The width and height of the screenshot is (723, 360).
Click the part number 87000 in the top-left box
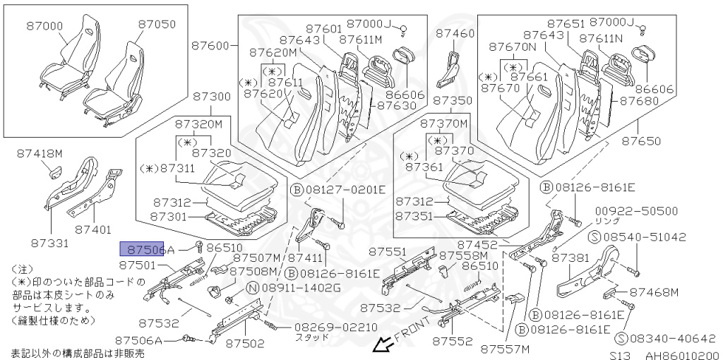point(45,26)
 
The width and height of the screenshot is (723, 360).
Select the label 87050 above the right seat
point(157,24)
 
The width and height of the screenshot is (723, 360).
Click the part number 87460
point(455,33)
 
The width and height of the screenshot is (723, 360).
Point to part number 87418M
point(40,153)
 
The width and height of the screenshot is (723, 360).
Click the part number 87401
point(94,229)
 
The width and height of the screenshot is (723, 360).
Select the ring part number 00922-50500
point(636,211)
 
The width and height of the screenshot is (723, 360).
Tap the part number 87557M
point(505,349)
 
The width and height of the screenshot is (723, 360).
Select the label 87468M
point(654,292)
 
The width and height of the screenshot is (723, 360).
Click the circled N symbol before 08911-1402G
point(252,288)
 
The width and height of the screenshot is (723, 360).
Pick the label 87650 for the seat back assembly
point(641,141)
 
